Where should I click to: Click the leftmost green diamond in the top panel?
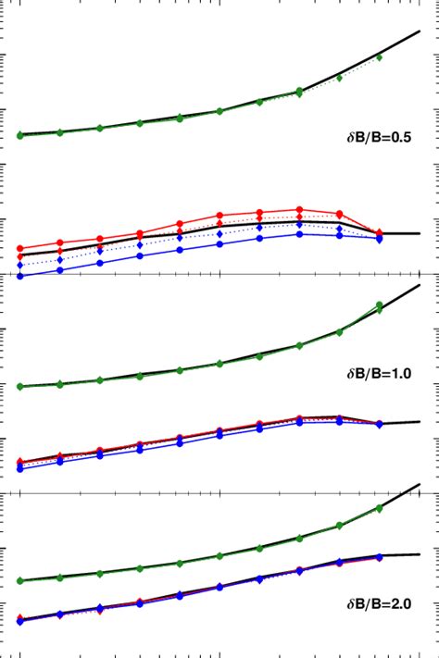(20, 136)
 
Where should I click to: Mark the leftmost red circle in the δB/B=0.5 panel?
(20, 248)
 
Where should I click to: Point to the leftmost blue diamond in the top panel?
(20, 266)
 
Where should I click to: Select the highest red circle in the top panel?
(299, 209)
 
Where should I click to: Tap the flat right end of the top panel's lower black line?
(419, 233)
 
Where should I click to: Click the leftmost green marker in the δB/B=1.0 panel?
(20, 386)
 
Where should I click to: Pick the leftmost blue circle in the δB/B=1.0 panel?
(20, 469)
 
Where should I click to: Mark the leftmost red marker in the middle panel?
(20, 462)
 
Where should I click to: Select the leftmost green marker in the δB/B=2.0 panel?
(20, 581)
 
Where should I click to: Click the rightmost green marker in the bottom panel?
(380, 507)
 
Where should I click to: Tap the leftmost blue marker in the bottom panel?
(20, 621)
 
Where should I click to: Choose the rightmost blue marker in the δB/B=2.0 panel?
(380, 557)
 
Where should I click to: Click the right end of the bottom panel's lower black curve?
(420, 554)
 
